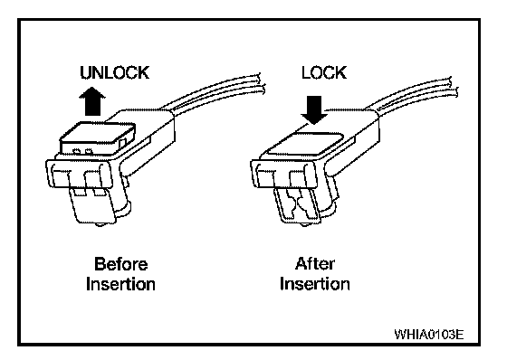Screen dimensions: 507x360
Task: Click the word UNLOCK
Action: point(115,72)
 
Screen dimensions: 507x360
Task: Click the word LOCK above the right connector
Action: point(324,72)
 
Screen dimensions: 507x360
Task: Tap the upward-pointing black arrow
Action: point(92,101)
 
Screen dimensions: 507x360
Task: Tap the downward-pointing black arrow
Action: point(314,109)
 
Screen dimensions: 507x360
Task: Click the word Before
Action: point(121,264)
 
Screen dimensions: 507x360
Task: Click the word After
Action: point(315,264)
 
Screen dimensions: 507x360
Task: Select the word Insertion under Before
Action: point(120,284)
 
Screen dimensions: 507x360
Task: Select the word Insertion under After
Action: point(315,284)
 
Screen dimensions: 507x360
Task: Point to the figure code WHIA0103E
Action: point(429,335)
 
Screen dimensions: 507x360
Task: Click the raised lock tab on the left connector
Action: point(97,137)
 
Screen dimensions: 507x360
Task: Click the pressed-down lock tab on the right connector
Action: point(306,144)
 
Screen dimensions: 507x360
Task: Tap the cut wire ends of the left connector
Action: point(262,84)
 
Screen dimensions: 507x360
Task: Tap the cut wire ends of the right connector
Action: point(454,87)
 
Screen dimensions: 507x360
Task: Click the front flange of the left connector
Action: point(80,175)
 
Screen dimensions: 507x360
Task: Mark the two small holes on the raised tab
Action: point(82,151)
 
